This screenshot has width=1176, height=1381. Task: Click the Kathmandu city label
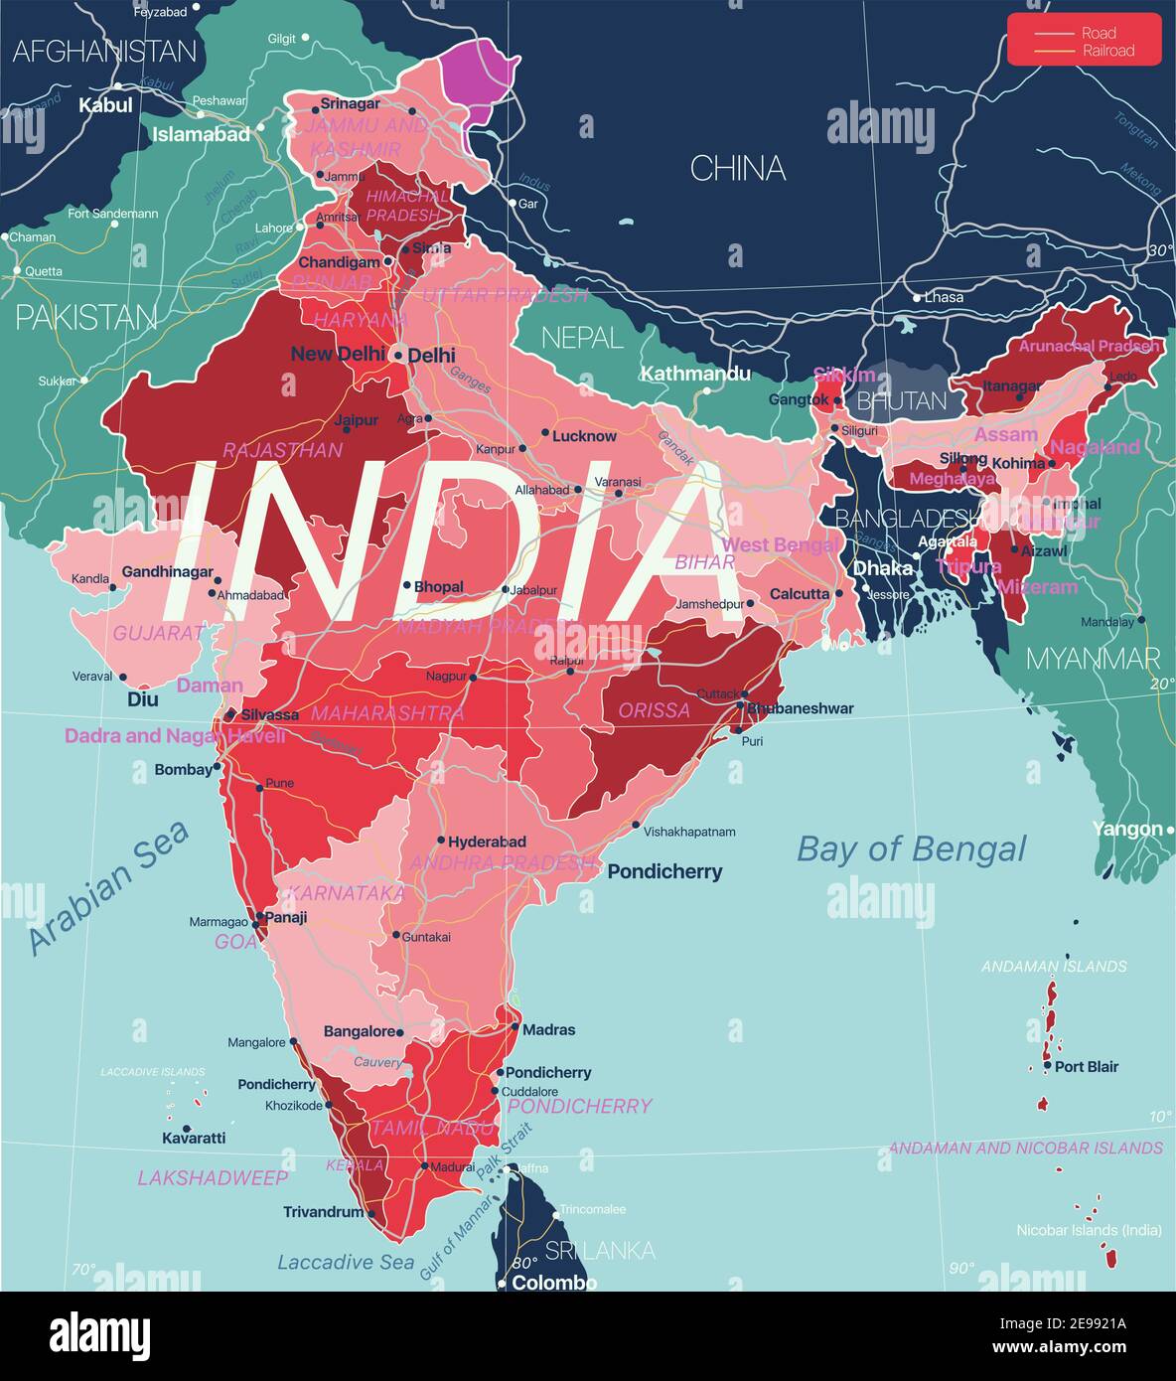coord(695,374)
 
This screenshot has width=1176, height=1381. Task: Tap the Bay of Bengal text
coord(911,849)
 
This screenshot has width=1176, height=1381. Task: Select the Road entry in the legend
coord(1099,33)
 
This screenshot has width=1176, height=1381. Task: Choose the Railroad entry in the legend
coord(1107,51)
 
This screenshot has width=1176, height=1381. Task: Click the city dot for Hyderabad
coord(440,841)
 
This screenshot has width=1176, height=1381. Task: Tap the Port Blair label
coord(1086,1066)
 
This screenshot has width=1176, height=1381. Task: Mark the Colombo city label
coord(554,1282)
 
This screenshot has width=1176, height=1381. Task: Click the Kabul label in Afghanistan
coord(105,104)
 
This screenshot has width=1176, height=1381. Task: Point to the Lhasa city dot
coord(917,297)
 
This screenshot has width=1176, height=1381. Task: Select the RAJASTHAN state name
coord(282,450)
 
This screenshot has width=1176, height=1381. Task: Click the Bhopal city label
coord(438,586)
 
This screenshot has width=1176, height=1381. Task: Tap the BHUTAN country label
coord(902,400)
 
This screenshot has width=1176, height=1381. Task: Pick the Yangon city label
coord(1126,829)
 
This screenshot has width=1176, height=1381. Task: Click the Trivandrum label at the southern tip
coord(323,1212)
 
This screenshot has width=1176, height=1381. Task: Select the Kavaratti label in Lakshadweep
coord(194,1138)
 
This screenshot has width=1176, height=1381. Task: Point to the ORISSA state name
coord(654,710)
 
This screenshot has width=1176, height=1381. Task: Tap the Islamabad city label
coord(201,134)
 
